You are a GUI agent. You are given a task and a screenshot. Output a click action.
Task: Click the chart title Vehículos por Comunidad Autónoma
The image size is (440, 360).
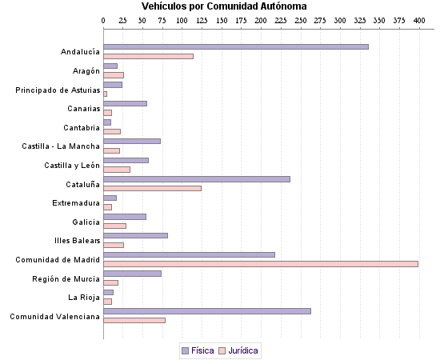[220, 6]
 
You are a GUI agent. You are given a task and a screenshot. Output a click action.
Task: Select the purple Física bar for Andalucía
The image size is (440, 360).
[236, 46]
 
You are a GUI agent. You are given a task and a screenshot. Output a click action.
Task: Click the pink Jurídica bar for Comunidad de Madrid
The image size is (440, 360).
[261, 263]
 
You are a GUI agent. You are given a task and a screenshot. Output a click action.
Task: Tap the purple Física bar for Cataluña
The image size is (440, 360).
[197, 178]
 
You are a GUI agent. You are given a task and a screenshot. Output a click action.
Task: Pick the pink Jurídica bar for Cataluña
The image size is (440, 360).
[152, 188]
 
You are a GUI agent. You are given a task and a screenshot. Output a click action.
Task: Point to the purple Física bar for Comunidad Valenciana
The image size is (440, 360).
[207, 310]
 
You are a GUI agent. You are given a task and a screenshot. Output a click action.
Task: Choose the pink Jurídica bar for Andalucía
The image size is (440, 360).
[148, 56]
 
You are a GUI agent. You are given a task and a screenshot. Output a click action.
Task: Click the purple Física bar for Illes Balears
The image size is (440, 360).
[135, 235]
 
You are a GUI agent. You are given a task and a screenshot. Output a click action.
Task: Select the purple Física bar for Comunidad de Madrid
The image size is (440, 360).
[189, 254]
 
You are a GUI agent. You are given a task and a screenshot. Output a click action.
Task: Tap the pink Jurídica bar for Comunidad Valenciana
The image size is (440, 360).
[134, 320]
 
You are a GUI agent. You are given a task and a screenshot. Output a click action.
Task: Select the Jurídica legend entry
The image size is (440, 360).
[239, 350]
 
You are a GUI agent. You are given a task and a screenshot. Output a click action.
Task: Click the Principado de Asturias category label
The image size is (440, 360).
[58, 90]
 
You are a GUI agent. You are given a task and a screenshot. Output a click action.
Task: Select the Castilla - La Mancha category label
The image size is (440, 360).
[61, 146]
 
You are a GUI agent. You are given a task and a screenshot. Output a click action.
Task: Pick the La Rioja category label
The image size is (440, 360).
[84, 298]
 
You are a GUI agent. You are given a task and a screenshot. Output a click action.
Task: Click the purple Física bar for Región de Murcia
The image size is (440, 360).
[132, 273]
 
